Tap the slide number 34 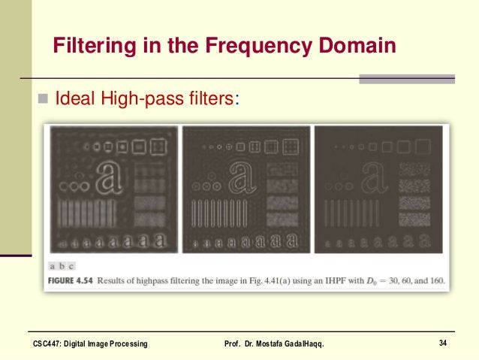tap(443, 343)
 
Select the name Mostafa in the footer tap(287, 344)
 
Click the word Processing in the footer tap(126, 344)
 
